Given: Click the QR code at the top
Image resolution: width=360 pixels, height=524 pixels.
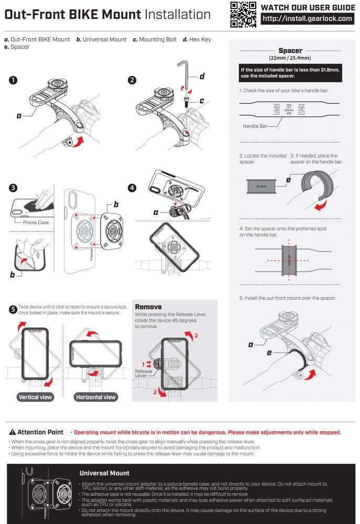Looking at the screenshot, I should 243,14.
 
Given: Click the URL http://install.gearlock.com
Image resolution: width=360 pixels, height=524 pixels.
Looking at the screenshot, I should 307,19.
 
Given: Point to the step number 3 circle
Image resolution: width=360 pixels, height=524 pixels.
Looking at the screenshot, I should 13,187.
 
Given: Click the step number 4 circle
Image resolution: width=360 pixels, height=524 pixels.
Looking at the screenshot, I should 132,187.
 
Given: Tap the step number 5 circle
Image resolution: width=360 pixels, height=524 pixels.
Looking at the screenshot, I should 13,309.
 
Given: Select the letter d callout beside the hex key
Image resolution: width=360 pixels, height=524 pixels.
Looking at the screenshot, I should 201,77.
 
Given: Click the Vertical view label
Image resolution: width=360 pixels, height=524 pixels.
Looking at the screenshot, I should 36,397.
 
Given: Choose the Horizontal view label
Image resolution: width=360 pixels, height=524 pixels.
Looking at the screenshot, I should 95,397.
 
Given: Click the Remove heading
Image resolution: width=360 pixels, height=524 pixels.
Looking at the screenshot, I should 148,307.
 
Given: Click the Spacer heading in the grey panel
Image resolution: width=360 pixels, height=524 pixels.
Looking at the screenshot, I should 290,51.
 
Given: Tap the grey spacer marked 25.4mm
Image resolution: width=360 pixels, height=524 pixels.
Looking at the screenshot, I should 261,186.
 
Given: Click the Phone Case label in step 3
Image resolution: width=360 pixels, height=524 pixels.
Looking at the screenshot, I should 36,222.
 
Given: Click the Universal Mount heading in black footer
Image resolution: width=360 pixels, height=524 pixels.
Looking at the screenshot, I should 104,473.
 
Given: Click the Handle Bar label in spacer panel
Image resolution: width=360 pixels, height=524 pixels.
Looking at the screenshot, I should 256,126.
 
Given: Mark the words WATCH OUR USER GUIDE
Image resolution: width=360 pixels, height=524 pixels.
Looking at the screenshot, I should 307,7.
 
